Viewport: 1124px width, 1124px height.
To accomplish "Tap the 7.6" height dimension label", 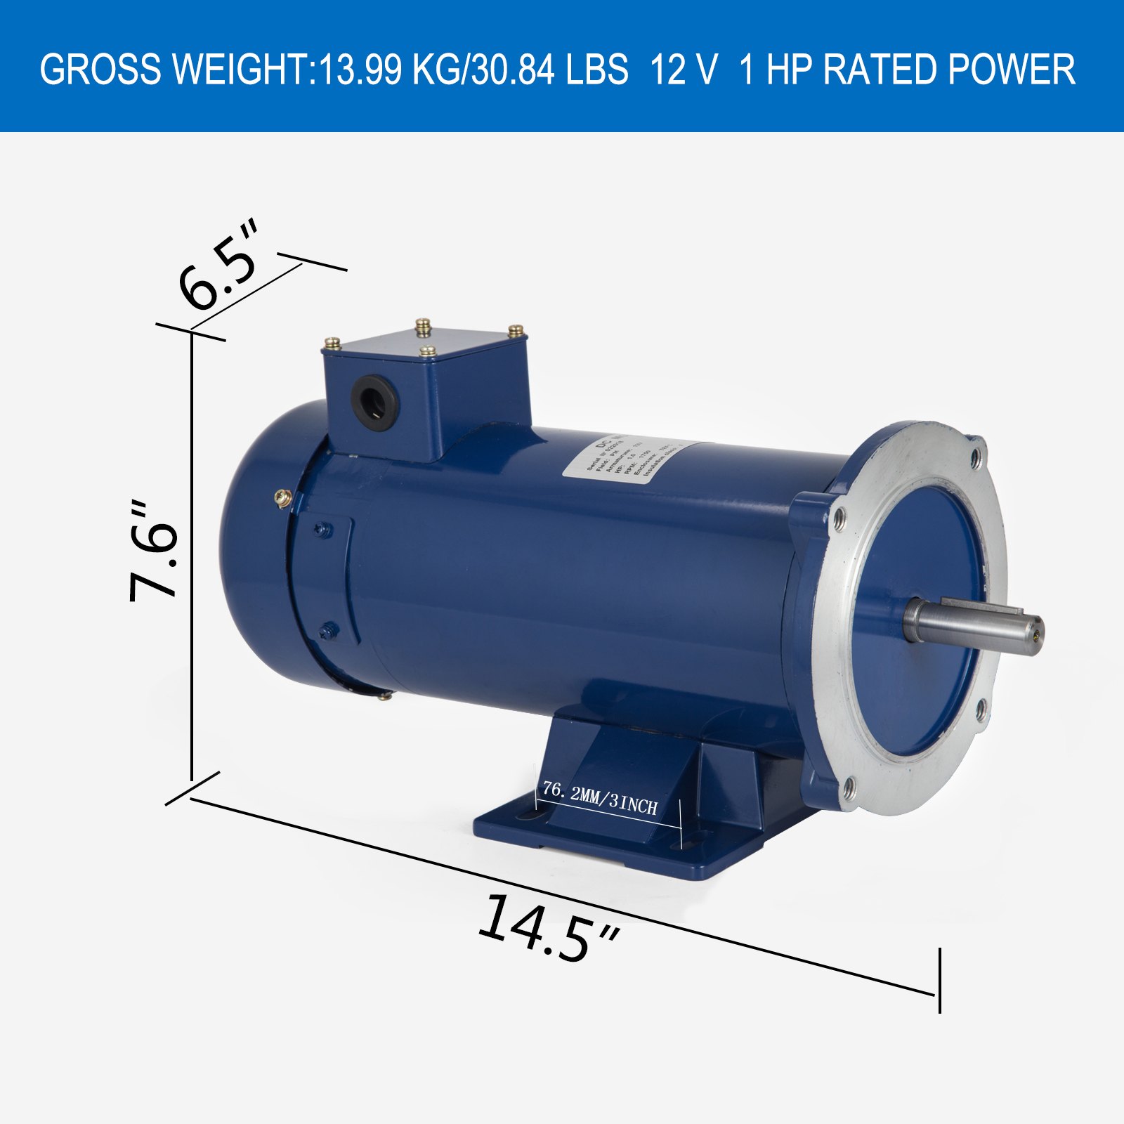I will [x=153, y=551].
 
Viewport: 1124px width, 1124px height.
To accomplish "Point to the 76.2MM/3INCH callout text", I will [x=601, y=798].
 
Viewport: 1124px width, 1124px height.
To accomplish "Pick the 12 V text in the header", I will [x=684, y=70].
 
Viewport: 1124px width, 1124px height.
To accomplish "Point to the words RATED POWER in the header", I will [x=948, y=70].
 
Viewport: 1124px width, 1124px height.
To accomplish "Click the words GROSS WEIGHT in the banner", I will [x=176, y=70].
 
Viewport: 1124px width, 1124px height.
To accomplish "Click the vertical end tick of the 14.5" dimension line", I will [x=939, y=980].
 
